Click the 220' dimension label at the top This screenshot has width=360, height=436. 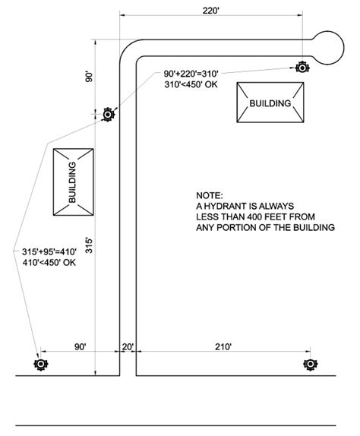[211, 11]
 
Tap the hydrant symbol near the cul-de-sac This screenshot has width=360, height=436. [302, 68]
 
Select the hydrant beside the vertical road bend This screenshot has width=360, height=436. [108, 114]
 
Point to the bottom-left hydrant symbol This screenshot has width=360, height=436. [41, 364]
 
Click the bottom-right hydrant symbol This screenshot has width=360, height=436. [310, 364]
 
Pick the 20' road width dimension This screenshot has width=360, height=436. [128, 347]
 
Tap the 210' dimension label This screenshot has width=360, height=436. [223, 346]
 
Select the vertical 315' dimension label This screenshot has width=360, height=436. [89, 245]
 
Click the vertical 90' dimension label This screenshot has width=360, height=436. [89, 77]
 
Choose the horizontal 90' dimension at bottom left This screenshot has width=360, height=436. [80, 346]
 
